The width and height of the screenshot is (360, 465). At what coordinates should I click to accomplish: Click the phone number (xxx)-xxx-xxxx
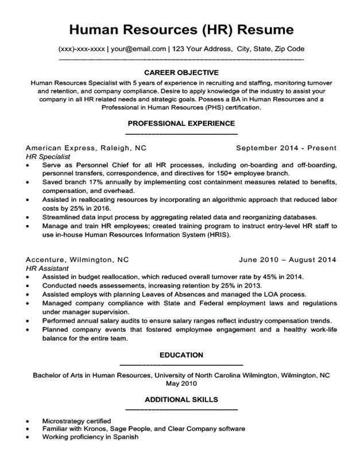pos(82,49)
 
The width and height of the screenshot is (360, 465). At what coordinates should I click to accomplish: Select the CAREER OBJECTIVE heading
pos(181,72)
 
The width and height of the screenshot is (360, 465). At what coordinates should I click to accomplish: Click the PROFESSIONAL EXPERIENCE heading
pos(181,123)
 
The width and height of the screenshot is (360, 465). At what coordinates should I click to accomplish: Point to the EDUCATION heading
pos(181,355)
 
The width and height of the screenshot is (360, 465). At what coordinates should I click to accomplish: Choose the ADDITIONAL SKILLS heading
pos(181,399)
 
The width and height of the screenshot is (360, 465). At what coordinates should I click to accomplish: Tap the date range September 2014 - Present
pos(287,148)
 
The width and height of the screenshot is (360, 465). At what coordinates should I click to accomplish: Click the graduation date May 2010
pos(181,383)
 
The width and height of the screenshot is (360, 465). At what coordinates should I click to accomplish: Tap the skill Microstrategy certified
pos(77,421)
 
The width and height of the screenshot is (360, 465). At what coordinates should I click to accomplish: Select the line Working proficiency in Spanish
pos(90,437)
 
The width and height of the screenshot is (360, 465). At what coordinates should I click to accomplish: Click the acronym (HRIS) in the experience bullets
pos(218,235)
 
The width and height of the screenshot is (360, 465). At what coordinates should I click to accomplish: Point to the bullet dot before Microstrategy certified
pos(28,421)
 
